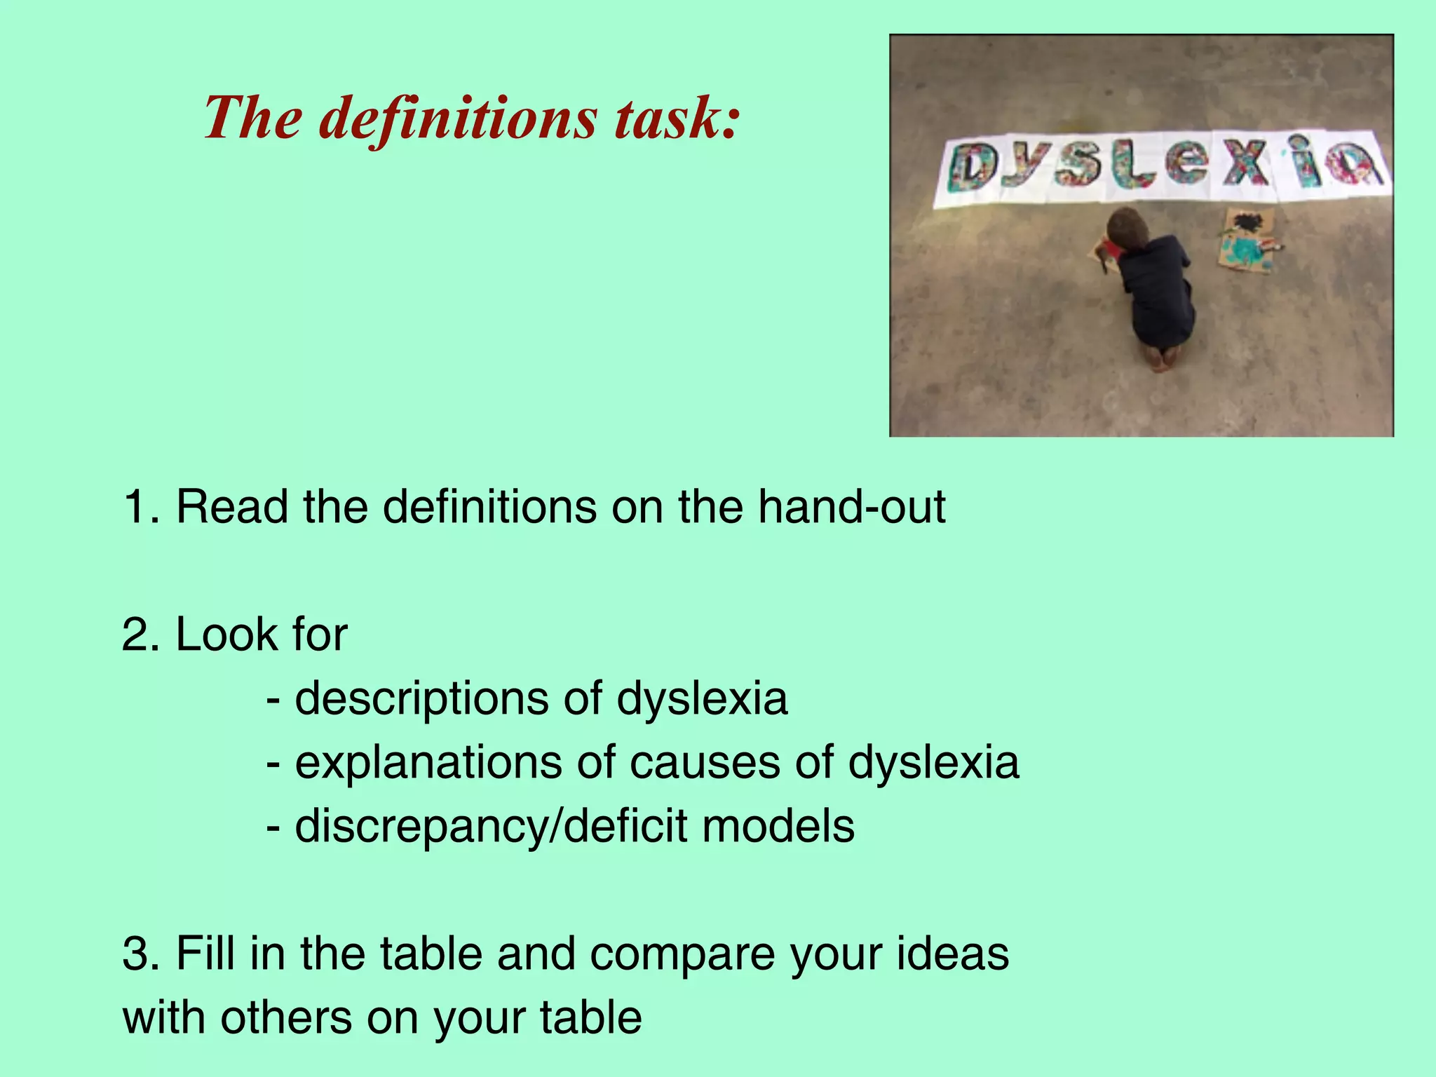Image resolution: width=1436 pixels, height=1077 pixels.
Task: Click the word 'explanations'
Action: (428, 763)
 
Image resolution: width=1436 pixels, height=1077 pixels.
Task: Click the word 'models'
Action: (778, 826)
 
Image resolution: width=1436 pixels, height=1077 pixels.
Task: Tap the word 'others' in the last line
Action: (286, 1017)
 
